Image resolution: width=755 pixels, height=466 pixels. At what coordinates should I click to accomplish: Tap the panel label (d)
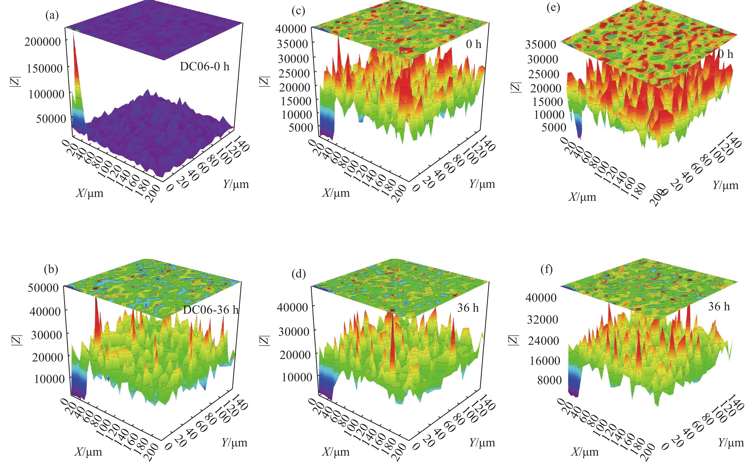tap(298, 274)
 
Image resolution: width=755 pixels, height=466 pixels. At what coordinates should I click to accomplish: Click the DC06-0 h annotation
tap(205, 66)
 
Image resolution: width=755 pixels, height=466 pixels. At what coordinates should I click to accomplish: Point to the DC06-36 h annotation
tap(211, 309)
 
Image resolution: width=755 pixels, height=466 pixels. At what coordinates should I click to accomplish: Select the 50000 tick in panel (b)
tap(43, 288)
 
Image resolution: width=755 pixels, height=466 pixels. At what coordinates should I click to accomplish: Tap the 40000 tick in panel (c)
tap(291, 29)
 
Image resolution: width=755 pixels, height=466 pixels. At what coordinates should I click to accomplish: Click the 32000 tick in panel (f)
tap(542, 320)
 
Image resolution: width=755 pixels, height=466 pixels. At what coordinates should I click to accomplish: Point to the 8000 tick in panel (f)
tap(549, 380)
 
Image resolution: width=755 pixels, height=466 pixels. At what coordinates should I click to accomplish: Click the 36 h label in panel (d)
tap(468, 308)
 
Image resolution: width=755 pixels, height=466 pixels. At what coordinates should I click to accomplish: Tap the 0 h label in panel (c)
tap(473, 44)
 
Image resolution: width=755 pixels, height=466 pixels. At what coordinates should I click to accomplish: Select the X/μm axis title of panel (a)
tap(90, 193)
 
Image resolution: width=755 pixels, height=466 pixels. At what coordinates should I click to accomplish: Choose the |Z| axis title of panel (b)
tap(17, 340)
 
